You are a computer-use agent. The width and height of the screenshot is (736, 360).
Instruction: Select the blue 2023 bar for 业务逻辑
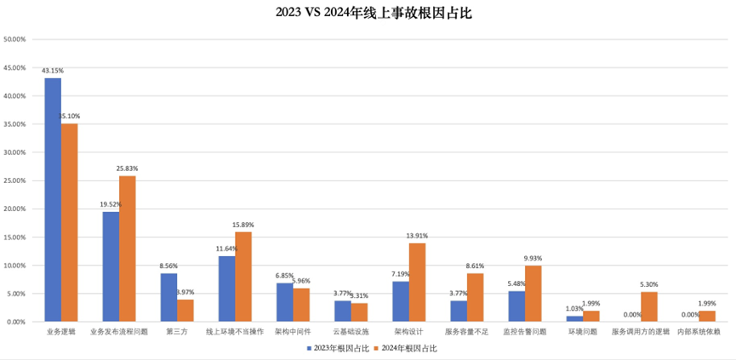53,200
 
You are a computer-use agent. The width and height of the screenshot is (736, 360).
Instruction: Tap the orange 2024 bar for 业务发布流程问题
128,249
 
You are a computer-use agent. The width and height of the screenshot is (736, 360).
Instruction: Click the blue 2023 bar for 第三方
168,297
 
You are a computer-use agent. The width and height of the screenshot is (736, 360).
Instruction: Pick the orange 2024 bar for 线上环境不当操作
243,277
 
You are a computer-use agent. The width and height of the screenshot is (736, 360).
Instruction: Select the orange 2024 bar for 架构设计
417,283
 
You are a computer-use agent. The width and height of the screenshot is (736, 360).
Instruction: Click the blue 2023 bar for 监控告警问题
516,306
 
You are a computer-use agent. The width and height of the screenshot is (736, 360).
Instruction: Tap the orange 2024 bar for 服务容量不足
475,297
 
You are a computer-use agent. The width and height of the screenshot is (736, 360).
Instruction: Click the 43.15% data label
53,71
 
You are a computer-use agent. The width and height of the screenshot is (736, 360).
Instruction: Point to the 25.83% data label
128,169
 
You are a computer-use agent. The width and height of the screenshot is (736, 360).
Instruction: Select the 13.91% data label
417,236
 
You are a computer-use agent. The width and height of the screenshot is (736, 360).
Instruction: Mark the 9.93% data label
533,258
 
